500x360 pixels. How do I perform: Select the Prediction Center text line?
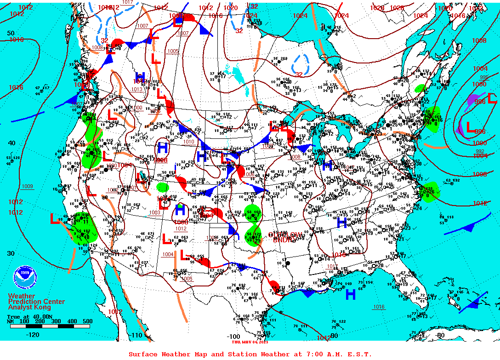[36, 302]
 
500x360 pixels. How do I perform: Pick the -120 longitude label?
[33, 335]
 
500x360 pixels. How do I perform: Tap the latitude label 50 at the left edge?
[11, 33]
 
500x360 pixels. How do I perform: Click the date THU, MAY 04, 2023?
[250, 342]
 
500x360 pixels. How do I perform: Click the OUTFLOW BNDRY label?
[288, 237]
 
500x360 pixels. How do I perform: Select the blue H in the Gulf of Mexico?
[351, 294]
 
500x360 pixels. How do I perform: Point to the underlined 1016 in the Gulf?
[379, 307]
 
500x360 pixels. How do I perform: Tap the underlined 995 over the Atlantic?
[484, 77]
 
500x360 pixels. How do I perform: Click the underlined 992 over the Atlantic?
[480, 151]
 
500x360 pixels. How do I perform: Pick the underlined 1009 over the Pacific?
[27, 186]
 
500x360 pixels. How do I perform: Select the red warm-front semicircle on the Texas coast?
[274, 285]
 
